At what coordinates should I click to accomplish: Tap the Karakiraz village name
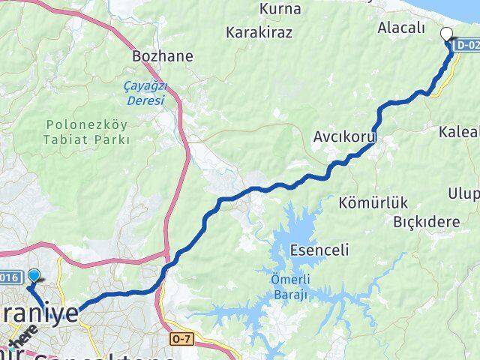pyautogui.click(x=261, y=33)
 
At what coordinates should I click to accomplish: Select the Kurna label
pyautogui.click(x=279, y=10)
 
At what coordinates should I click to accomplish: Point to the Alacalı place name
pyautogui.click(x=402, y=27)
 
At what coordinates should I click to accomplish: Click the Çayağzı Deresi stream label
pyautogui.click(x=143, y=93)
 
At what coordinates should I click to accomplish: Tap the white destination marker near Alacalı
pyautogui.click(x=447, y=34)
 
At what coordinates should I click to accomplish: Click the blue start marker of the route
pyautogui.click(x=33, y=276)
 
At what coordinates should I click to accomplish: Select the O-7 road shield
pyautogui.click(x=182, y=338)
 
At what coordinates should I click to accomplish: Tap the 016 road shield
pyautogui.click(x=11, y=275)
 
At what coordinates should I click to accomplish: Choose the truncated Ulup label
pyautogui.click(x=464, y=195)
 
